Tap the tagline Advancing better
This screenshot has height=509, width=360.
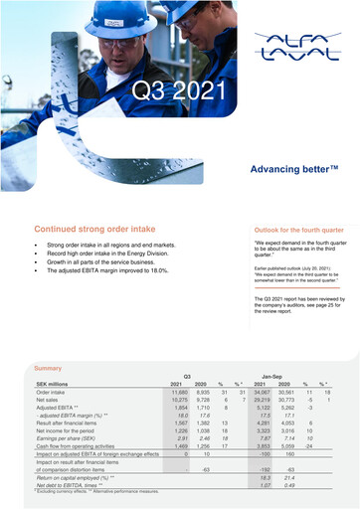pos(287,170)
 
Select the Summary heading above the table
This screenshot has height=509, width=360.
pos(49,369)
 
